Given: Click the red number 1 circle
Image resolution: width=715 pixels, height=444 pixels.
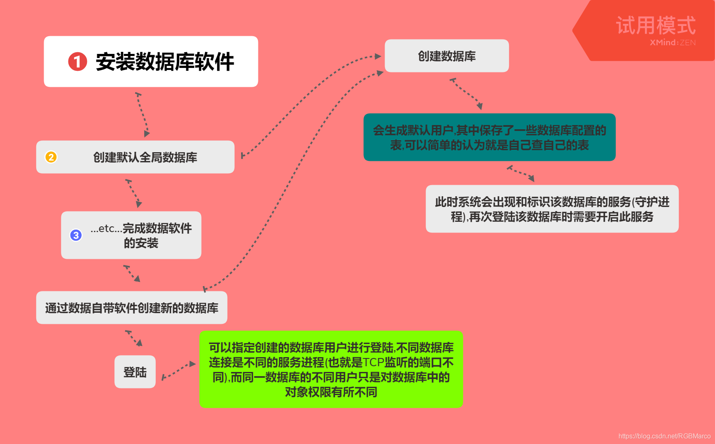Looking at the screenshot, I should tap(77, 62).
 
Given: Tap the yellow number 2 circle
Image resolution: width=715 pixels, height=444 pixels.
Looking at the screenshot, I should tap(51, 157).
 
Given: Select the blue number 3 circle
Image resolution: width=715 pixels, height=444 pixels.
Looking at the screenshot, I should tap(76, 235).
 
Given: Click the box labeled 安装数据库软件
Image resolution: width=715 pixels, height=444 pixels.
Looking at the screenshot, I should tap(151, 62).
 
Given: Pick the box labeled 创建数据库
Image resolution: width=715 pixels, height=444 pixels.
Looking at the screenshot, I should tap(447, 56).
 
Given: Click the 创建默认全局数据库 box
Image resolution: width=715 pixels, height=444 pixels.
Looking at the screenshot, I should tap(135, 157).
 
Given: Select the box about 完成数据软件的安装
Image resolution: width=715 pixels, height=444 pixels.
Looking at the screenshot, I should tap(131, 235).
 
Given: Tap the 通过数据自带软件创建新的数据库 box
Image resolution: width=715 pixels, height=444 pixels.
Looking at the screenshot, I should tap(132, 308).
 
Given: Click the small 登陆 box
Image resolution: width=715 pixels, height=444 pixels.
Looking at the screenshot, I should tap(135, 372).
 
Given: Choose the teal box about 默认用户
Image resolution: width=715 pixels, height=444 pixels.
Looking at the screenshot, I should tap(490, 137).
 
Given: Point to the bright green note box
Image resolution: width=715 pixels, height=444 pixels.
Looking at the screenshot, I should tap(331, 370).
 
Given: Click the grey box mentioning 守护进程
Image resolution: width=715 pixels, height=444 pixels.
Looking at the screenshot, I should tap(552, 209).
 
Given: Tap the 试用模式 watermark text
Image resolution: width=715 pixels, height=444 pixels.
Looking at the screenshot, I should tap(656, 26).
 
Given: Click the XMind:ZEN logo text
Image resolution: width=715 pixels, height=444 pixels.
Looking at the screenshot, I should tap(673, 42).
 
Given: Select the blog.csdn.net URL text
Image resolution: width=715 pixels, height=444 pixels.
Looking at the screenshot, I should tap(664, 436).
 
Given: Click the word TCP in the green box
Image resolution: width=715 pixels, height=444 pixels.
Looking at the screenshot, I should tap(373, 363).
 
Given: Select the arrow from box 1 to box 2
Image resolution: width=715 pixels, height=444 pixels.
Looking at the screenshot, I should tap(143, 114).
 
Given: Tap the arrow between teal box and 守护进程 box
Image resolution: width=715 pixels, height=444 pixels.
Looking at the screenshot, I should tap(521, 173).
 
